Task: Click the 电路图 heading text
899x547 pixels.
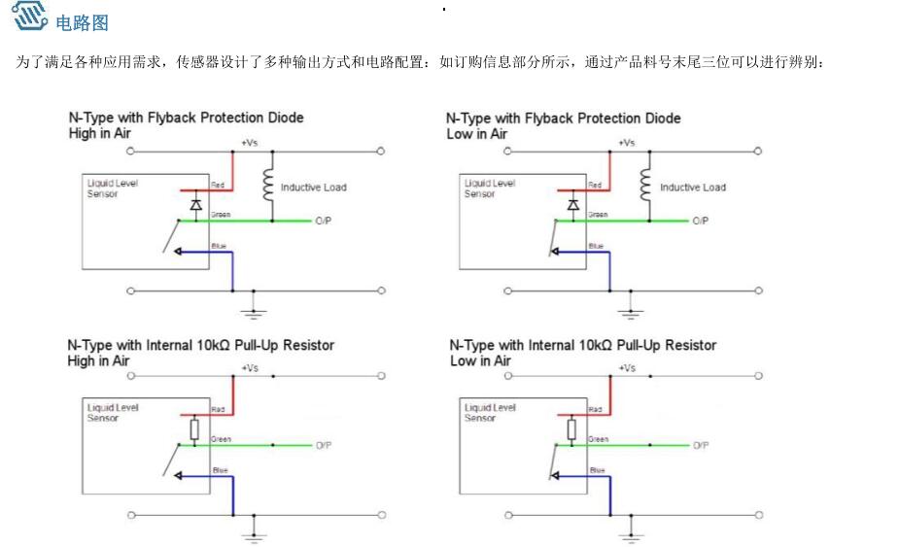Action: point(83,21)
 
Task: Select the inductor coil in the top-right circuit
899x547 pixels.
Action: point(643,185)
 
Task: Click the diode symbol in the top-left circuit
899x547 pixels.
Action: point(195,205)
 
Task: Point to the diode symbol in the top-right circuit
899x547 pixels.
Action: point(573,205)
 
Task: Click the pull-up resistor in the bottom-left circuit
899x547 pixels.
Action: point(194,429)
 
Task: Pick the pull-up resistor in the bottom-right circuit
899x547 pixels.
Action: point(571,429)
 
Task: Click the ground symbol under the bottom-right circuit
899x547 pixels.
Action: point(632,534)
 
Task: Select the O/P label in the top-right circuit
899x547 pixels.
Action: point(700,222)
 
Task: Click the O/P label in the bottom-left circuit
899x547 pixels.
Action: point(323,445)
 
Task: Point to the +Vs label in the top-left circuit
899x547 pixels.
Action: point(250,143)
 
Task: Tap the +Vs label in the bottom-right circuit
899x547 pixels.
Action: point(628,368)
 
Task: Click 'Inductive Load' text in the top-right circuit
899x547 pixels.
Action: point(692,188)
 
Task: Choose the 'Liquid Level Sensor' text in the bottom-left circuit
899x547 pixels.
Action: point(113,413)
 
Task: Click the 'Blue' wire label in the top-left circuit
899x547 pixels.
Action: point(219,247)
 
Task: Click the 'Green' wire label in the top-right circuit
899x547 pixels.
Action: point(598,215)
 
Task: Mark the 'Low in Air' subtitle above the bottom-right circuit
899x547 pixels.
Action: point(479,360)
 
